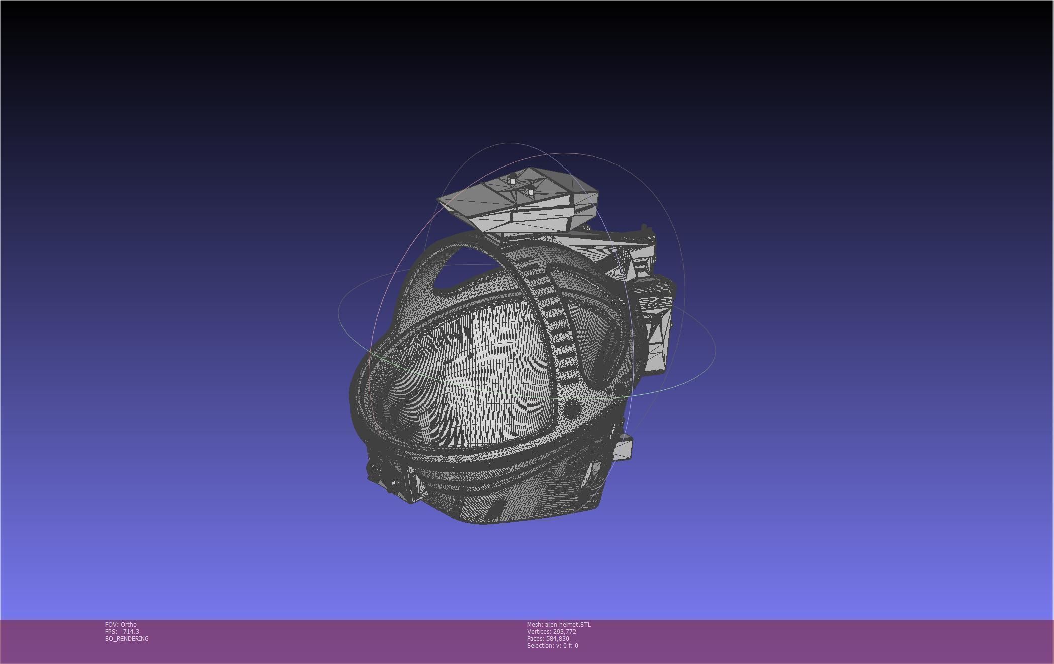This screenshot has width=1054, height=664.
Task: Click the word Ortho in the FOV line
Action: pyautogui.click(x=129, y=625)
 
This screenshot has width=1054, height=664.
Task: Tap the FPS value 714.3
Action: pyautogui.click(x=131, y=632)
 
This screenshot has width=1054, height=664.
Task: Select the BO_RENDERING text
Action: pyautogui.click(x=127, y=639)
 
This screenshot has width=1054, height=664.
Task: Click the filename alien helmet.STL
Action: pyautogui.click(x=568, y=625)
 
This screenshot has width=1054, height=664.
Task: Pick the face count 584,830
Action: pyautogui.click(x=557, y=639)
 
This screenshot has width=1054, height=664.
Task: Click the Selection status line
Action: pyautogui.click(x=552, y=646)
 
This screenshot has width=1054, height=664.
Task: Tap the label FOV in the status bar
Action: pyautogui.click(x=111, y=625)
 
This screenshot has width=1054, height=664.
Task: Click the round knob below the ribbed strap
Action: pyautogui.click(x=572, y=409)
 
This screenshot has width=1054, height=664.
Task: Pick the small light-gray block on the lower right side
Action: pyautogui.click(x=623, y=447)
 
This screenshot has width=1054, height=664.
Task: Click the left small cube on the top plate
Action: pyautogui.click(x=512, y=179)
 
